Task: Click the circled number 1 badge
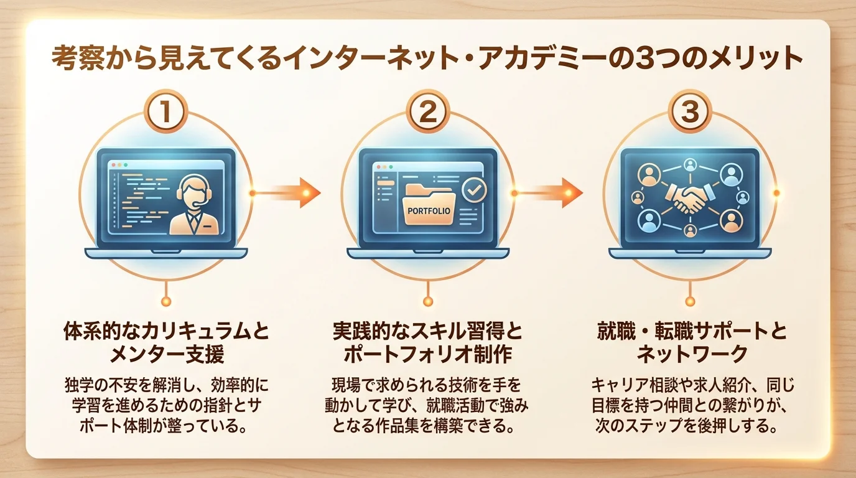[x=166, y=111]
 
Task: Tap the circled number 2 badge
[x=428, y=111]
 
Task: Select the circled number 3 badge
[x=690, y=111]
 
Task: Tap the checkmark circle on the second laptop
[x=474, y=190]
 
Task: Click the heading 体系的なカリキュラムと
[x=166, y=332]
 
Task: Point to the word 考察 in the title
[x=78, y=59]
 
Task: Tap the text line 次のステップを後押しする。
[x=687, y=426]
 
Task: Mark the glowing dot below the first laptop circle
[x=166, y=302]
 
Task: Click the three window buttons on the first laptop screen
[x=119, y=165]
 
